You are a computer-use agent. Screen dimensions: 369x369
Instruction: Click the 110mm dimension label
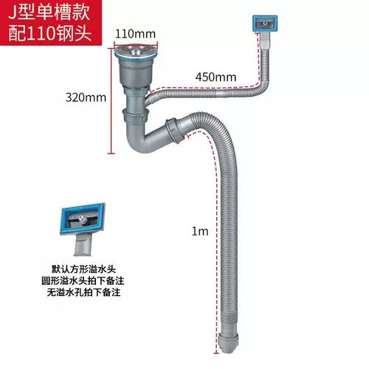pyautogui.click(x=135, y=34)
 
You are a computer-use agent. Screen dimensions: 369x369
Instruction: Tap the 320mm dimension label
pyautogui.click(x=86, y=97)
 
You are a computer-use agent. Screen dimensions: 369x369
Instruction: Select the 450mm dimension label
pyautogui.click(x=215, y=77)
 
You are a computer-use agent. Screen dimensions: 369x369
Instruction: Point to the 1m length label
pyautogui.click(x=200, y=231)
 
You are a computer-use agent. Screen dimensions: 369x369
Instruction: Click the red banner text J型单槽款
pyautogui.click(x=49, y=12)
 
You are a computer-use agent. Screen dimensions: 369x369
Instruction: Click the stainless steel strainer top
pyautogui.click(x=136, y=49)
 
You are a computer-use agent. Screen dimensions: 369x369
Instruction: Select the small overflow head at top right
pyautogui.click(x=265, y=24)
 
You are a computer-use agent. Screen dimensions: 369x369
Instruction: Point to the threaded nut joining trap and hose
pyautogui.click(x=175, y=131)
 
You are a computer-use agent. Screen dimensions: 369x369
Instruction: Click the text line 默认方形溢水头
pyautogui.click(x=83, y=269)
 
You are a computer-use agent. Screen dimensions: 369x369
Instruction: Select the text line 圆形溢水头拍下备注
pyautogui.click(x=83, y=280)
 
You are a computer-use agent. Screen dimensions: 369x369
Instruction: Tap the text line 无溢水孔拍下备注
pyautogui.click(x=83, y=292)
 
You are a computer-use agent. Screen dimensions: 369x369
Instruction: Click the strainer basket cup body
pyautogui.click(x=135, y=72)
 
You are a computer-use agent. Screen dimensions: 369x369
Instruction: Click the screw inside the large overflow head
pyautogui.click(x=82, y=218)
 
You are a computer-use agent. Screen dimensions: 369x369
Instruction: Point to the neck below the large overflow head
pyautogui.click(x=83, y=244)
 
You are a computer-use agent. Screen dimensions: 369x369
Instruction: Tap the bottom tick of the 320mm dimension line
pyautogui.click(x=111, y=154)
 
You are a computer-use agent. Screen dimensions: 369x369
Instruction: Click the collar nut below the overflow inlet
pyautogui.click(x=136, y=114)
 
